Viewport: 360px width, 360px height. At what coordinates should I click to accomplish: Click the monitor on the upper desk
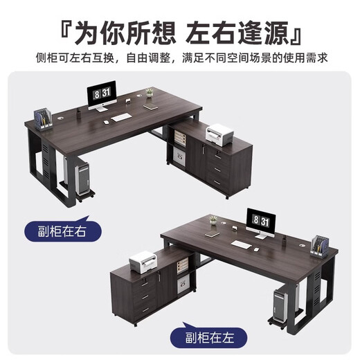click(102, 96)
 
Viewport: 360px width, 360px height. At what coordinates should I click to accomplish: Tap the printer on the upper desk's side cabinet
click(219, 132)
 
